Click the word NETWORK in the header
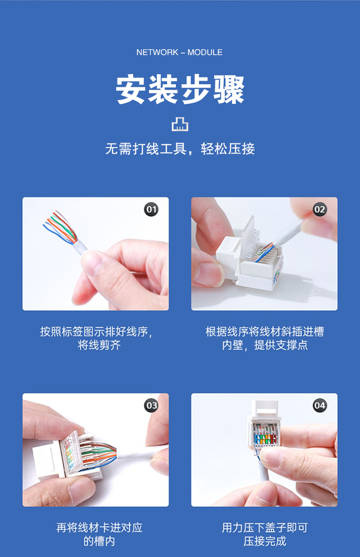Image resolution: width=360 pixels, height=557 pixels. [x=157, y=52]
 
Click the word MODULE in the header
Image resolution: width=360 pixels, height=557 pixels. [x=205, y=52]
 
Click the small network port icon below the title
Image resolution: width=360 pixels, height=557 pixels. [x=180, y=124]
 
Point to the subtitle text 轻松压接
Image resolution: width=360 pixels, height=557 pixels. [x=228, y=149]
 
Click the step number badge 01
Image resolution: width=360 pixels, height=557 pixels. [x=151, y=210]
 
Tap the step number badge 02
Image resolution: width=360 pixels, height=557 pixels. [x=320, y=210]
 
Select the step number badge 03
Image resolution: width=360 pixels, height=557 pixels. [x=151, y=405]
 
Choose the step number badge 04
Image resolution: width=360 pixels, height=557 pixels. [x=320, y=405]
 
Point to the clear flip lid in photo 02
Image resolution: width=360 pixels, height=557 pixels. [x=250, y=237]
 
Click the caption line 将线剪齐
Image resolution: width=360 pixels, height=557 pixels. [x=99, y=345]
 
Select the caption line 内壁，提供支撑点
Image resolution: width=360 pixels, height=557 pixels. [x=265, y=345]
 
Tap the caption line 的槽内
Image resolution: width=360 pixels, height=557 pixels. [x=99, y=541]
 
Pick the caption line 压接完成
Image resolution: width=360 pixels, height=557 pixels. [x=265, y=541]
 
